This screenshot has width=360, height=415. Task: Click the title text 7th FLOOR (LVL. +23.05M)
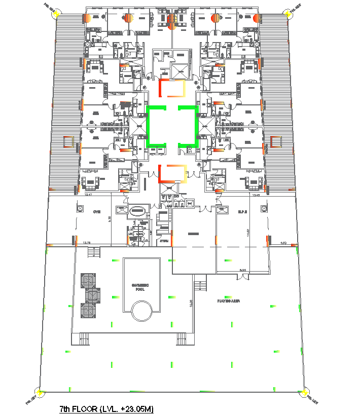tap(106, 408)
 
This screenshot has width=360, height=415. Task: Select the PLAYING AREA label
tap(229, 300)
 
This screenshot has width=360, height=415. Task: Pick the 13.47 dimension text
tap(89, 195)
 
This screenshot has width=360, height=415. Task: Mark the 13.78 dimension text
tap(86, 243)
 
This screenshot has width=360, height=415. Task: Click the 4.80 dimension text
tap(283, 243)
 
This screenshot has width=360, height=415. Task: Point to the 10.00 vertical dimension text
tap(191, 303)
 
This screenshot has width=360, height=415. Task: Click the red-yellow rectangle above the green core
tap(173, 88)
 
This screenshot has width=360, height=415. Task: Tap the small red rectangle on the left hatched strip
tap(68, 142)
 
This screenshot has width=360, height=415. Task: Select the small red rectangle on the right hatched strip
tap(276, 142)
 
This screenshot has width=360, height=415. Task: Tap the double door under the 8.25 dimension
tap(242, 276)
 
